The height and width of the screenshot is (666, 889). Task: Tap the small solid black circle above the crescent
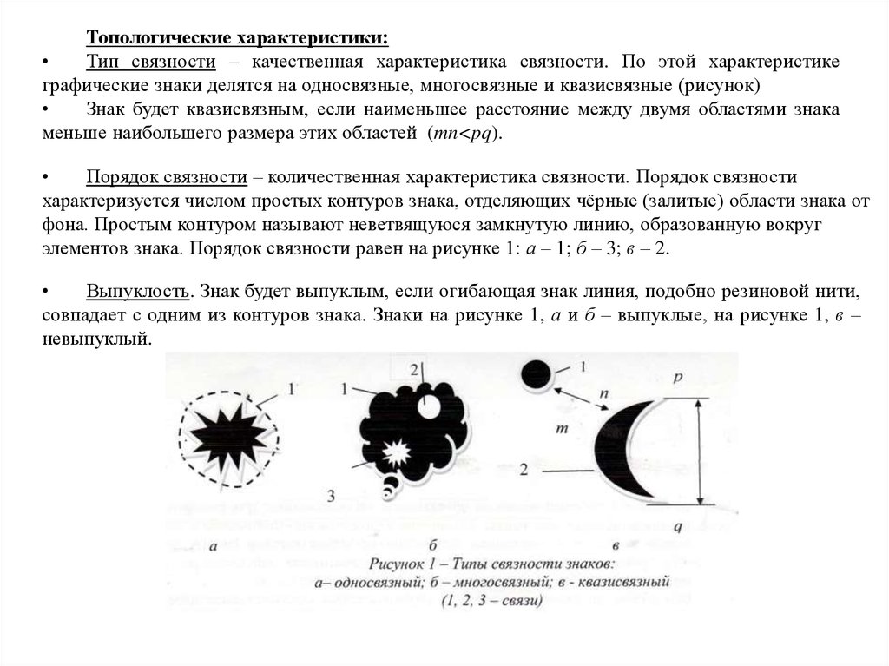(536, 374)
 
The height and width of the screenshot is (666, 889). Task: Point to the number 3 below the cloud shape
(332, 495)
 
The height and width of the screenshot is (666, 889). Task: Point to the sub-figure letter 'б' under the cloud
(432, 544)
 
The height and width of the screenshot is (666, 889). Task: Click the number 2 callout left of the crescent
(524, 470)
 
